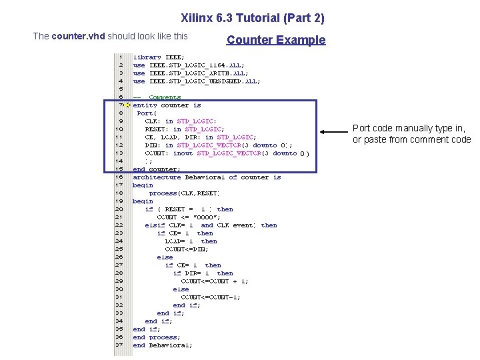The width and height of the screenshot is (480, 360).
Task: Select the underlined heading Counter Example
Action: coord(276,39)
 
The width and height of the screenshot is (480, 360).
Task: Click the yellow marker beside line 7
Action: coord(128,105)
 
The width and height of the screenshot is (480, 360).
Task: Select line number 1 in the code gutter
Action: coord(120,57)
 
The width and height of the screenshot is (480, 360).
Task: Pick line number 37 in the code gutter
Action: coord(120,345)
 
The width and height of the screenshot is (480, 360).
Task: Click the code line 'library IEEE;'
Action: coord(159,57)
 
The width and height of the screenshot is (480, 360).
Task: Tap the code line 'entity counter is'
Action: coord(167,105)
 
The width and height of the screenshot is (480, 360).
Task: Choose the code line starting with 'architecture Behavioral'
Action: coord(207,177)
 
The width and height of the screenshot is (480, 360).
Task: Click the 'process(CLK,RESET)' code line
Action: coord(184,193)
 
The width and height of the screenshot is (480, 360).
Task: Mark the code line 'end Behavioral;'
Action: coord(163,345)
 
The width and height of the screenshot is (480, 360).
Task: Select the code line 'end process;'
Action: coord(156,337)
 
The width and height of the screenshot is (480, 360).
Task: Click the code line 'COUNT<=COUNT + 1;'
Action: coord(215,281)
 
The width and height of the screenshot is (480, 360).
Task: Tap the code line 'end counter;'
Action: coord(157,169)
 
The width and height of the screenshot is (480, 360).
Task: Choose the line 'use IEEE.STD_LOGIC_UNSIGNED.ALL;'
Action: coord(197,81)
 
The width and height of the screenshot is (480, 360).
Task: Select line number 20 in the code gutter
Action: coord(120,209)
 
